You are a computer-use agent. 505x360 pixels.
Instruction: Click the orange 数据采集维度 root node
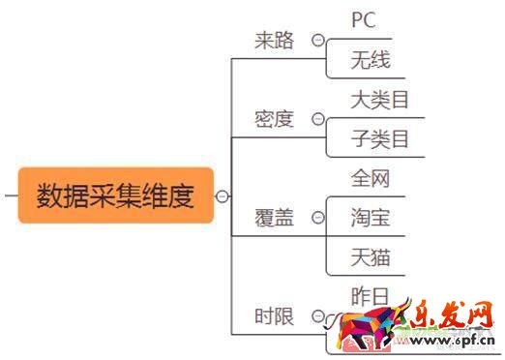click(115, 195)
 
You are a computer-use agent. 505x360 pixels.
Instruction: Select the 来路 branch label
click(274, 42)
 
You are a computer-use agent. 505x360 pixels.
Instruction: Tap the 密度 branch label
click(274, 119)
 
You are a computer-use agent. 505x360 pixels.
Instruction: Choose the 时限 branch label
click(274, 316)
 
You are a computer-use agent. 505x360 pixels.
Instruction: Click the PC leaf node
click(364, 19)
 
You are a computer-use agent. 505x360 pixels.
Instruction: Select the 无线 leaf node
click(371, 61)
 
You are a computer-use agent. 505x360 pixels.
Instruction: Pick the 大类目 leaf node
click(380, 100)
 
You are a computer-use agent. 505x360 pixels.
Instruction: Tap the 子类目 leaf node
click(380, 139)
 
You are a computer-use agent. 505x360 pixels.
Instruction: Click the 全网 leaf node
click(371, 178)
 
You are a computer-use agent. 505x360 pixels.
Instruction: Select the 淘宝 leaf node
click(371, 219)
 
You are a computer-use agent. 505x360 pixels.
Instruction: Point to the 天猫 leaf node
click(371, 258)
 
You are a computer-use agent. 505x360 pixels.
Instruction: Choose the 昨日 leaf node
click(371, 296)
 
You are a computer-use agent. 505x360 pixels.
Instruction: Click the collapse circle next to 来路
click(317, 41)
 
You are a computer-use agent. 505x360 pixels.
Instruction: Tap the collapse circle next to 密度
click(317, 119)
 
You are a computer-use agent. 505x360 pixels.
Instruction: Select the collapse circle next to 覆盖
click(317, 218)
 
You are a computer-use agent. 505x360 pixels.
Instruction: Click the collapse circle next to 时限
click(317, 316)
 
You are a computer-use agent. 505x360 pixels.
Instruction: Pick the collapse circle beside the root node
click(223, 196)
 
